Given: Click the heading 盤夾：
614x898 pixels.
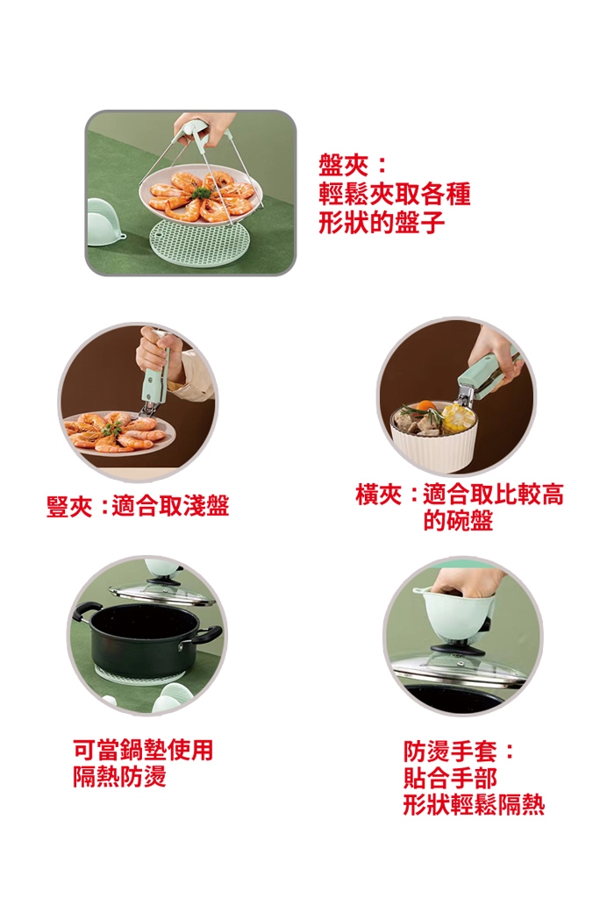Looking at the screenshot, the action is pos(353,166).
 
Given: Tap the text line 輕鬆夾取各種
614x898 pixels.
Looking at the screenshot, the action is pos(395,194).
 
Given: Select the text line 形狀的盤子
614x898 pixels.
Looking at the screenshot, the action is pos(382,222).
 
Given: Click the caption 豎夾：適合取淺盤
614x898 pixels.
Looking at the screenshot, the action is pos(138,506).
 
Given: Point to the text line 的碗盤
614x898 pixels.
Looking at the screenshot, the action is pos(458,521).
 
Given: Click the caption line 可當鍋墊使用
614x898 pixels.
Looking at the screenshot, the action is pos(143,750).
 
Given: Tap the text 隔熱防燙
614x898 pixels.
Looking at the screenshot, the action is pos(119,777).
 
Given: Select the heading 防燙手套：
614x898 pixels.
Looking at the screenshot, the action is pos(459,752).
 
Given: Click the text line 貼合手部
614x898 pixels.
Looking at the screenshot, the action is pos(450,779).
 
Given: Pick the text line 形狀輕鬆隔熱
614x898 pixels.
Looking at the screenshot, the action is pos(474,805).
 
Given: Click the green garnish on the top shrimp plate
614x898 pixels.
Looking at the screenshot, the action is pos(200,194).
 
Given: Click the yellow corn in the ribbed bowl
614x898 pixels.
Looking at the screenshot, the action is pos(457,417).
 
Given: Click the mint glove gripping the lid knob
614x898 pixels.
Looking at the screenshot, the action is pos(455,611).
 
